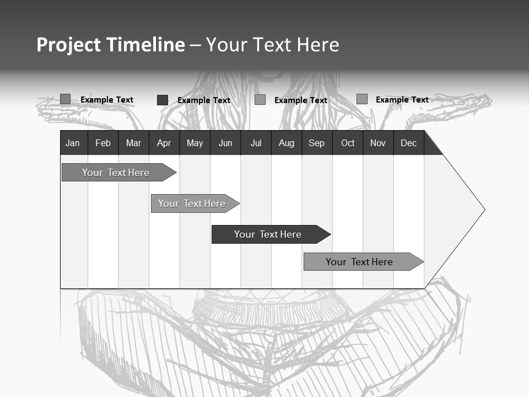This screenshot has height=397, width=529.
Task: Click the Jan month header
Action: coord(73,143)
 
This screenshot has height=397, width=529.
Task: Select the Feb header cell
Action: coord(103,143)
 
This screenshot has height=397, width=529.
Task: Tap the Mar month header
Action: coord(133,143)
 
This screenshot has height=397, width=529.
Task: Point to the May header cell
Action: coord(195,143)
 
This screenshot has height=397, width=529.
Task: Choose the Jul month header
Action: coord(256,143)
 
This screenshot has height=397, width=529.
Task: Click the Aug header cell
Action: coord(287,143)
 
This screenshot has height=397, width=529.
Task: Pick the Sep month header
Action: coord(317,143)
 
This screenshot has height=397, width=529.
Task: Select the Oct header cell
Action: coord(348,143)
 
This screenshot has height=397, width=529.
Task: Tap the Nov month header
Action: coord(378,143)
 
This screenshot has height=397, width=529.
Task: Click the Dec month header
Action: coord(409,143)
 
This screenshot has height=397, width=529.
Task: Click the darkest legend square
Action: coord(163,100)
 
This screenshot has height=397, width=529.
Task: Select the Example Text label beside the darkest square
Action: coord(204,100)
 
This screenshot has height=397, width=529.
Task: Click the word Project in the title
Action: coord(69,45)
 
